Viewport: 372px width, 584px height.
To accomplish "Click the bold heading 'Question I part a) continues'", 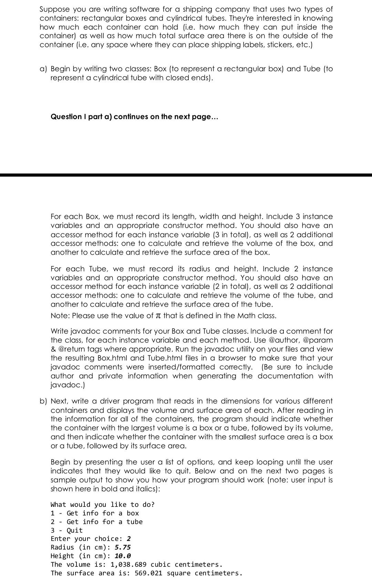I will [134, 117].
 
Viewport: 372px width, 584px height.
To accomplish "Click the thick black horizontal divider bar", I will [186, 175].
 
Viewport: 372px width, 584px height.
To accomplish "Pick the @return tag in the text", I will [72, 349].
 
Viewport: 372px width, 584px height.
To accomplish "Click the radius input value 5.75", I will [122, 547].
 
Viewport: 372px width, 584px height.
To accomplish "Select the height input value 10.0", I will [122, 556].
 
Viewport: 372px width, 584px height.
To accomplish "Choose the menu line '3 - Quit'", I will [67, 531].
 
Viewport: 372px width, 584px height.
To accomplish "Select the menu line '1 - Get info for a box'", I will [95, 513].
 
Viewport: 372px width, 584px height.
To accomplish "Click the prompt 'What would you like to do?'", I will [103, 505].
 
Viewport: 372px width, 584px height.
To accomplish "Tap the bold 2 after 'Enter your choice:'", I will [128, 539].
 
